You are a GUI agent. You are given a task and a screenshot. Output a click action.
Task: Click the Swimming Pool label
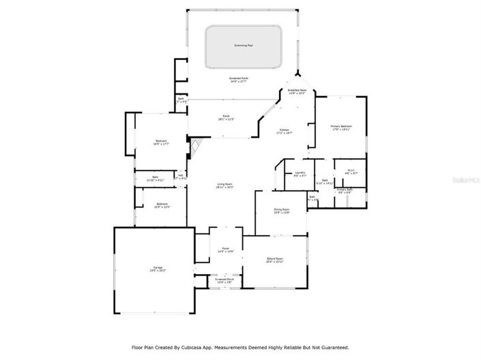pyautogui.click(x=244, y=46)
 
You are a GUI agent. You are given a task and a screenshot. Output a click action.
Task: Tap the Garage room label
pyautogui.click(x=157, y=269)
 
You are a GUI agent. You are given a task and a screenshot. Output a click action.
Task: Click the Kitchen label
pyautogui.click(x=284, y=130)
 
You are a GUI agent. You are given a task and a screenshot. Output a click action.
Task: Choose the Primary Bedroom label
pyautogui.click(x=341, y=127)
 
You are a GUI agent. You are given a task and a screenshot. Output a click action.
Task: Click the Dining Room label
pyautogui.click(x=282, y=210)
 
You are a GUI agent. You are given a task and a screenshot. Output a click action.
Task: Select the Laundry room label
pyautogui.click(x=299, y=173)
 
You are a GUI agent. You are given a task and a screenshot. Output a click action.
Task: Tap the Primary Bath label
pyautogui.click(x=345, y=191)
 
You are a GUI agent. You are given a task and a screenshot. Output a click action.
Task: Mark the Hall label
pyautogui.click(x=181, y=175)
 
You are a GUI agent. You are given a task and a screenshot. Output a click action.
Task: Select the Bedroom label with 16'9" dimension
pyautogui.click(x=161, y=142)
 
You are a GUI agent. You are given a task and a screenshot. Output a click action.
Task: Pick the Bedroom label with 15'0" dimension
pyautogui.click(x=162, y=204)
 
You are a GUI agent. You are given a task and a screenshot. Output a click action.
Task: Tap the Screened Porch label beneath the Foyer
pyautogui.click(x=224, y=280)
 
